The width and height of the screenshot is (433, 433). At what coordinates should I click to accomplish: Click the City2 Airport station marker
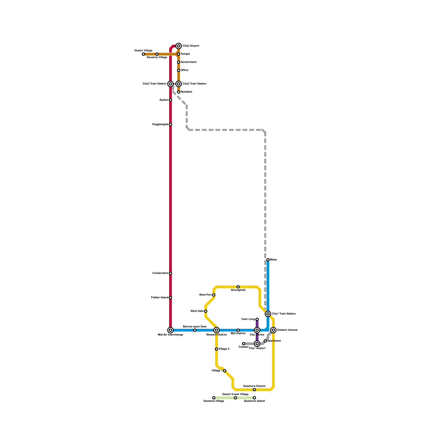coord(179,46)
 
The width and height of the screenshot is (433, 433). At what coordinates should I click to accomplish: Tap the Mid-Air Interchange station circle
coord(170,330)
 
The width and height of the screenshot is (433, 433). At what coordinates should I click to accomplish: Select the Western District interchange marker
coord(216,330)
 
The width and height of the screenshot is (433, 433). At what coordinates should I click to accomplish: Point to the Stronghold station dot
coord(238,287)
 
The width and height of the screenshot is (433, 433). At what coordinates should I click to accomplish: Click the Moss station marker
coord(268,260)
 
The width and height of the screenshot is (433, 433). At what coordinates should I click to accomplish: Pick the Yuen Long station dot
coord(257,319)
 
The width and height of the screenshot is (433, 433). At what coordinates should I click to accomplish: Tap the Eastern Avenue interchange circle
coord(273,330)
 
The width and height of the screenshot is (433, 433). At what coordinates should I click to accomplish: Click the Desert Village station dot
coord(143,54)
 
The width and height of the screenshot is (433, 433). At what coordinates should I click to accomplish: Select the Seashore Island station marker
coord(254,398)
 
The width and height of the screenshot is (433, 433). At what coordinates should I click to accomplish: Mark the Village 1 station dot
coord(225,371)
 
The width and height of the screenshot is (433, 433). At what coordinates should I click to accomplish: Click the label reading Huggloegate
coord(160,124)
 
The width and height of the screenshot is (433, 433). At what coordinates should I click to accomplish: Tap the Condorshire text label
coord(160,273)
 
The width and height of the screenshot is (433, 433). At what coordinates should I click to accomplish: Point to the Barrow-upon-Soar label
coord(195,327)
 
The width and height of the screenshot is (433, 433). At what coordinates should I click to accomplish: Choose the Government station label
coord(189,62)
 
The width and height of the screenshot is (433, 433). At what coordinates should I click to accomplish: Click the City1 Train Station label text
coord(284,314)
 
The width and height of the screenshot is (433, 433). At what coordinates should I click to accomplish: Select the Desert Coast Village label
coord(235,394)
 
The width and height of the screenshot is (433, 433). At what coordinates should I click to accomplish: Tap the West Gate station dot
coord(206,311)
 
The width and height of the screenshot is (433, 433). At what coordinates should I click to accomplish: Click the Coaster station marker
coord(244,344)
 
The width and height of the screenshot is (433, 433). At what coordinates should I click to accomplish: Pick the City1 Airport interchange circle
coord(257,344)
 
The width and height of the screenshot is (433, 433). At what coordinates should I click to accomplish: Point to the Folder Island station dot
coord(170,298)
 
